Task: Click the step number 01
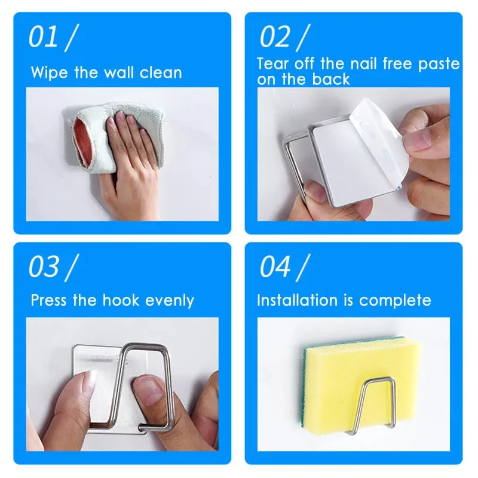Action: click(x=42, y=36)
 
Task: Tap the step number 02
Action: click(x=274, y=36)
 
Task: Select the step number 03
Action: click(x=43, y=266)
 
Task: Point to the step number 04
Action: click(x=275, y=266)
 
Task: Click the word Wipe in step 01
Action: click(x=49, y=73)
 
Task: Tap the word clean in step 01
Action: click(x=161, y=73)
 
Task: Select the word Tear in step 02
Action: click(x=272, y=64)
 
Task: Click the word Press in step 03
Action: click(x=48, y=300)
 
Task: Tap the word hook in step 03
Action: click(x=121, y=300)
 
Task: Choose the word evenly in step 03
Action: click(x=170, y=301)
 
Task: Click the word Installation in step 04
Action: click(x=297, y=300)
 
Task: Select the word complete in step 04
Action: click(x=395, y=301)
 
